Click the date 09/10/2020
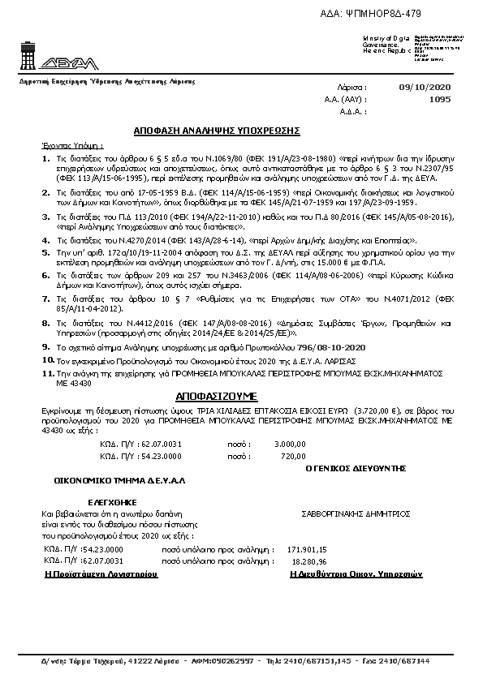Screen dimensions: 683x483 pos(425,87)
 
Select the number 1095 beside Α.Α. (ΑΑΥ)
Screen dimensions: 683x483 pos(439,99)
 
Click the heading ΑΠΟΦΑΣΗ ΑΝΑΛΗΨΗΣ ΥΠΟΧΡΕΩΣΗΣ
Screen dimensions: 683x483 pos(218,130)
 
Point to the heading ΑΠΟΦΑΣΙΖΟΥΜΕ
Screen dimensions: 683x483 pos(216,397)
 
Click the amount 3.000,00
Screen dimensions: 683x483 pos(290,445)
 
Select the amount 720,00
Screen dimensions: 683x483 pos(293,457)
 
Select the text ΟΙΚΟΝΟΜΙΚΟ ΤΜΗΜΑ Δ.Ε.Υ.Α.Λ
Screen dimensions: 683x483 pos(120,480)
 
